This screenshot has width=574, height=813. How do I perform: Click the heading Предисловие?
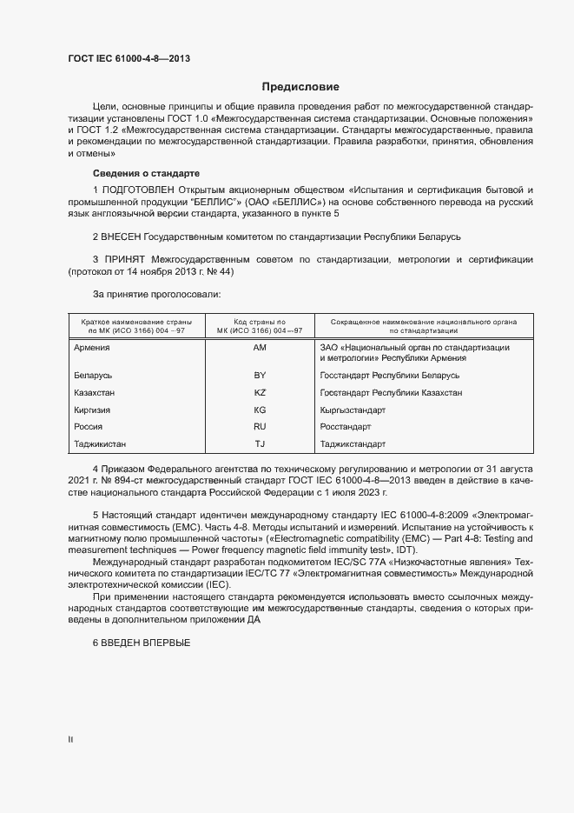point(301,87)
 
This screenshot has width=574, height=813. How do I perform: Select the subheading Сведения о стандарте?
point(147,172)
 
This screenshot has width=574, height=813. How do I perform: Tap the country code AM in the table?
point(260,348)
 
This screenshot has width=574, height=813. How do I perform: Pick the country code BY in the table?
point(260,376)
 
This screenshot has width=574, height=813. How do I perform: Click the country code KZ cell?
point(260,393)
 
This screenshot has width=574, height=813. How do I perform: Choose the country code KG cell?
point(260,410)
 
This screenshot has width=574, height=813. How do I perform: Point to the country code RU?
point(260,427)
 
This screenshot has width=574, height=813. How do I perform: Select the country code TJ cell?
point(260,444)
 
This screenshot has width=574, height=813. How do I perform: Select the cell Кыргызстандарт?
point(353,410)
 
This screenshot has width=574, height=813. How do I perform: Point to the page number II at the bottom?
point(70,739)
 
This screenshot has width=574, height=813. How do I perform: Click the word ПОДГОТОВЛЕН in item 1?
point(141,190)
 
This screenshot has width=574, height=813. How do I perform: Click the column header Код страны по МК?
point(260,322)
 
